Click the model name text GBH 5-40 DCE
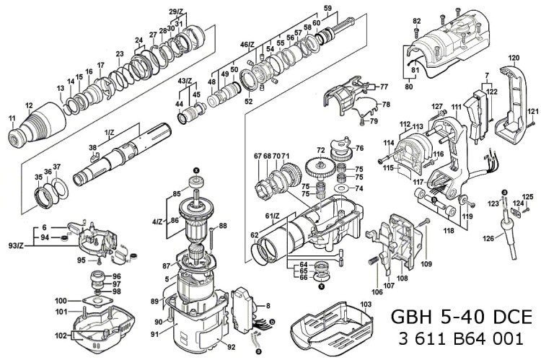(460, 317)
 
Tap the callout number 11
(12, 118)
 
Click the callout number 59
(327, 8)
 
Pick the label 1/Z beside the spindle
(110, 133)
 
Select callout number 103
(366, 305)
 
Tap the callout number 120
(514, 57)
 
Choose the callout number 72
(320, 150)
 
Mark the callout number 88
(223, 226)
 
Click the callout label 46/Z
(247, 44)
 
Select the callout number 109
(426, 265)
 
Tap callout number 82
(416, 22)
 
